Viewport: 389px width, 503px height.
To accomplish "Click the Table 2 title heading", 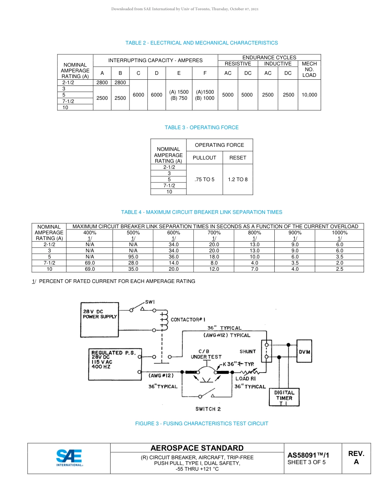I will (x=201, y=43).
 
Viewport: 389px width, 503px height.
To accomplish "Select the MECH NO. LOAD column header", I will (x=309, y=70).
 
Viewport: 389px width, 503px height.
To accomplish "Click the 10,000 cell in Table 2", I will (x=309, y=95).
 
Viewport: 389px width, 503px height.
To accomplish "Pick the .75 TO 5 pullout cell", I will (x=204, y=180).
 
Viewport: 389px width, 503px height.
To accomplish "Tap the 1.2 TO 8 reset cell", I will (x=238, y=180).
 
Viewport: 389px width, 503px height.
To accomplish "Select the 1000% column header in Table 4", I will (x=339, y=232).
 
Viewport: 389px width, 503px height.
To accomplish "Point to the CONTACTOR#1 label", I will (x=188, y=319).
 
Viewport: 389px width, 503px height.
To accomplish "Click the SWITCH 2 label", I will (x=208, y=409).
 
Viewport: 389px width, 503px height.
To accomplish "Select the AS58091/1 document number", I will (x=308, y=455).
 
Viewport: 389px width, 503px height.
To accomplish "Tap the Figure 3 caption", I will (x=201, y=424).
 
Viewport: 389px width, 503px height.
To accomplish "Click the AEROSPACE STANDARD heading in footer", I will (x=197, y=448).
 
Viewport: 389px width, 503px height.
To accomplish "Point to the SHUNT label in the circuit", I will (x=248, y=351).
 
